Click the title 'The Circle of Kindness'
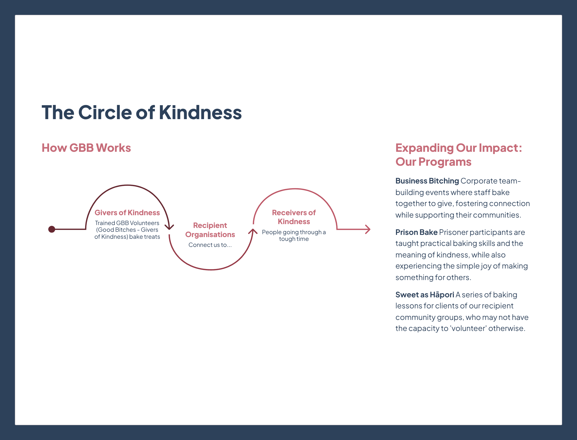[142, 112]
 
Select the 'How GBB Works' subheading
[86, 148]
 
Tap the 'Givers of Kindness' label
[127, 212]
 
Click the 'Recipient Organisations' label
[210, 230]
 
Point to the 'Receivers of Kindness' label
[294, 217]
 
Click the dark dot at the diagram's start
[52, 229]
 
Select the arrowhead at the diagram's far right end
[368, 229]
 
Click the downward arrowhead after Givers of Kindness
[169, 227]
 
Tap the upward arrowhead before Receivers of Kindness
[253, 231]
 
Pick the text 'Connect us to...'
[210, 245]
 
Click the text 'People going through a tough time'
[294, 235]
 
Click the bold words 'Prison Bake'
[416, 232]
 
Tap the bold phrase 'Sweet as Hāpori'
[425, 295]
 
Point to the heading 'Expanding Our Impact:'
[458, 148]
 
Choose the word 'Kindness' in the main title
[200, 112]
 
